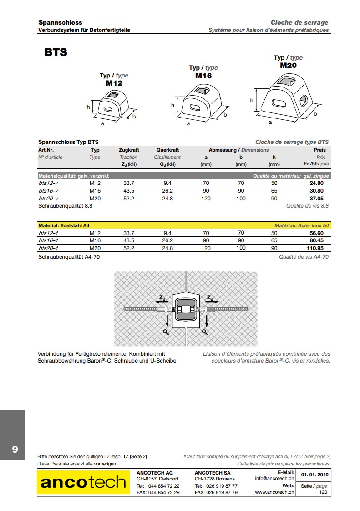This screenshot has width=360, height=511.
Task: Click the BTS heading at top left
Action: click(56, 52)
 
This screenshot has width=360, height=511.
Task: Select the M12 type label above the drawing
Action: click(114, 83)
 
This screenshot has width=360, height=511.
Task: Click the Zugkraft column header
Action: click(129, 150)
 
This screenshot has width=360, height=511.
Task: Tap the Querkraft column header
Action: click(167, 150)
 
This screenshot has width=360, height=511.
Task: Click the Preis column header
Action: click(319, 150)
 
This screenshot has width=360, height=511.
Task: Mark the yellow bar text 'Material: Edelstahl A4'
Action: click(64, 225)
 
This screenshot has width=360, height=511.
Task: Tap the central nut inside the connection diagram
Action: click(186, 310)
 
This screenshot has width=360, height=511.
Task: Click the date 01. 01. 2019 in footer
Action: click(314, 475)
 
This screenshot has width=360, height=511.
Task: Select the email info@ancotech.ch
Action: click(275, 479)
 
